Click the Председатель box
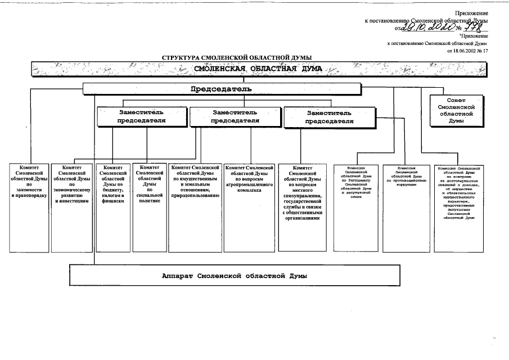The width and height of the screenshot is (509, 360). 221,89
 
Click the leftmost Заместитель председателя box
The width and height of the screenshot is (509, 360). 142,116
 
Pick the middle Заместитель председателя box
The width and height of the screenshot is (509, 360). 235,116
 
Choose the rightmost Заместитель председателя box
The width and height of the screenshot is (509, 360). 330,116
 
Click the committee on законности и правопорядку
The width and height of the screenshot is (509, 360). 29,207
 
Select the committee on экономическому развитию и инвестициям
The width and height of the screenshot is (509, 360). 72,207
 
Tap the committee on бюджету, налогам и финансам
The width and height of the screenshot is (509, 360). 112,207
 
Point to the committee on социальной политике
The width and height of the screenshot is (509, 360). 149,207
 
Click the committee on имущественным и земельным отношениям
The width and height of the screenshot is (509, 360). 195,207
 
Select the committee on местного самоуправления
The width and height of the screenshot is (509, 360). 302,207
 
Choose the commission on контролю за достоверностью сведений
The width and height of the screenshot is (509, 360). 458,207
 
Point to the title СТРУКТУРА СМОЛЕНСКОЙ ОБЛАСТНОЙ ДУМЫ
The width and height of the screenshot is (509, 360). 237,57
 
